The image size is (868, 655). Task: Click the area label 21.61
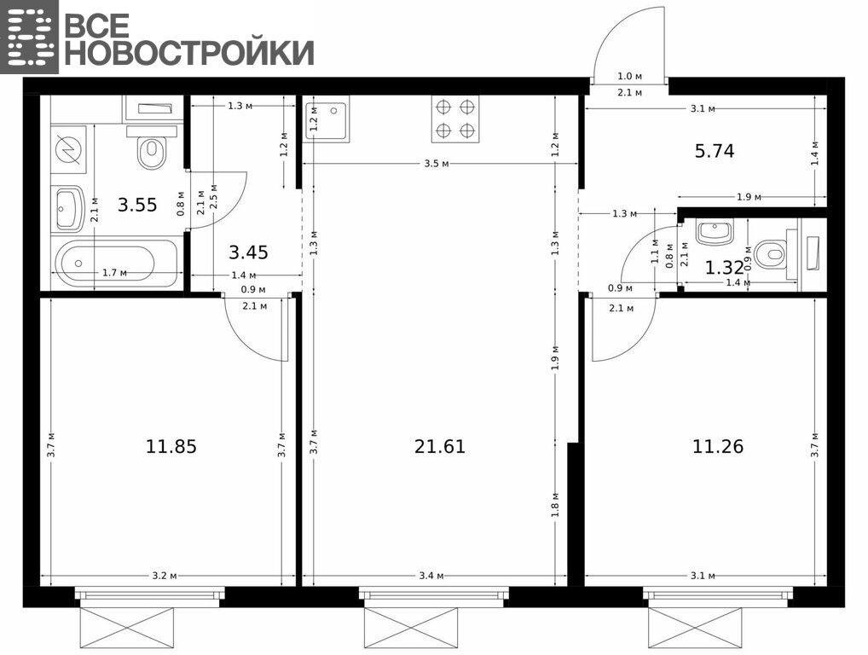[439, 446]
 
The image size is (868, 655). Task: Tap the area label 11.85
[171, 446]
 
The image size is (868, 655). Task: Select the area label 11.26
[718, 446]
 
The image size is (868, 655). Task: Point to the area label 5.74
[715, 151]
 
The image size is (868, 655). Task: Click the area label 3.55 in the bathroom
[137, 205]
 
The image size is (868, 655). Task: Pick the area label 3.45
[249, 252]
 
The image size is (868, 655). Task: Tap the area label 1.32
[724, 268]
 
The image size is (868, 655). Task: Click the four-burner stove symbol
[455, 119]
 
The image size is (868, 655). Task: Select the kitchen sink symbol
[326, 118]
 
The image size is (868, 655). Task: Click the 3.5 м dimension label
[437, 164]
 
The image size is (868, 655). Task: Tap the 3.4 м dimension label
[431, 576]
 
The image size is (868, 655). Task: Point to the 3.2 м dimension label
[165, 576]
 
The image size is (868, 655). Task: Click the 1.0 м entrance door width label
[629, 77]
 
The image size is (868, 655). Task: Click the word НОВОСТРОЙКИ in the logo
[189, 53]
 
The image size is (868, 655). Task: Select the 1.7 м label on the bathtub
[114, 272]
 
